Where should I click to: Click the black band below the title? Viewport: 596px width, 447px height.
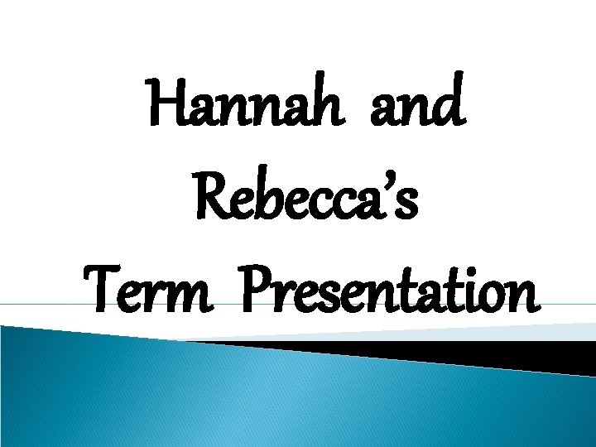tap(497, 354)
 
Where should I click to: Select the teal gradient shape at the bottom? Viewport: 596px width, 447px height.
tap(248, 397)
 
